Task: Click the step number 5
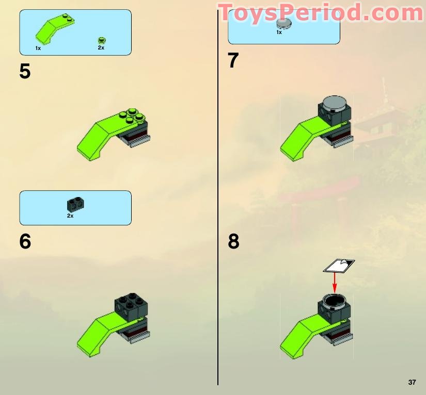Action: [25, 71]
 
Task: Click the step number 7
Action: [233, 61]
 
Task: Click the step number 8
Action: [233, 241]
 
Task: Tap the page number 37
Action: [412, 382]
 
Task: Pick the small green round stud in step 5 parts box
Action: [101, 40]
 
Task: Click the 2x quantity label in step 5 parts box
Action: [101, 48]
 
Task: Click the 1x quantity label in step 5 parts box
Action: [38, 48]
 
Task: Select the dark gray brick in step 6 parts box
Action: [75, 204]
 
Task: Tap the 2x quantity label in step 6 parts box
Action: [70, 216]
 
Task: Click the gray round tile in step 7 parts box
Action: [283, 23]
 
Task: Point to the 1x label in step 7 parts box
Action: [279, 32]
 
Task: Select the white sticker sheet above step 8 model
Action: [339, 266]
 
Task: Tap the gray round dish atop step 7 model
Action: [335, 102]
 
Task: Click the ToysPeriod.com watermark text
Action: [320, 13]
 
